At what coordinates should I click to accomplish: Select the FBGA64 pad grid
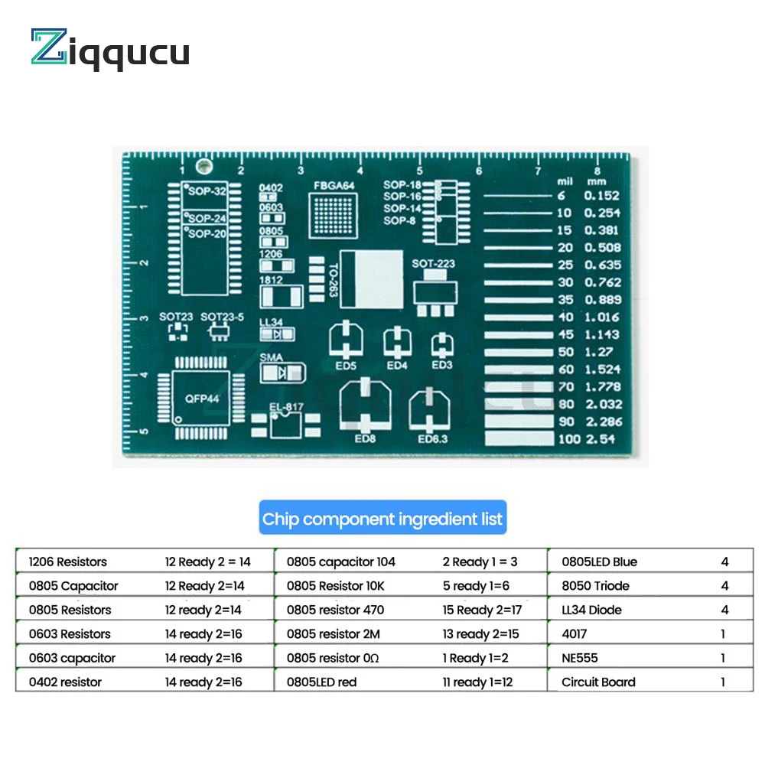(x=333, y=214)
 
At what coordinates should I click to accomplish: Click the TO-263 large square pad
(x=372, y=279)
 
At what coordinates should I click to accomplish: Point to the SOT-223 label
(x=433, y=264)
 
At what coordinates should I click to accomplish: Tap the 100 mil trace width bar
(x=519, y=439)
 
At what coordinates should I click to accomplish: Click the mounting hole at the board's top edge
(x=203, y=166)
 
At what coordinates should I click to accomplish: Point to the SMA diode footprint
(x=283, y=373)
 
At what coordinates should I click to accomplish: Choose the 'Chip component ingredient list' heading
(x=382, y=519)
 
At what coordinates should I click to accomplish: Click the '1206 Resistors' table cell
(x=67, y=562)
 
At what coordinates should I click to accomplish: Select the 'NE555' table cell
(x=580, y=658)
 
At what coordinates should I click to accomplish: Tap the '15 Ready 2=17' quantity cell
(x=482, y=610)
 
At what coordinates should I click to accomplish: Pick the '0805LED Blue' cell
(x=599, y=562)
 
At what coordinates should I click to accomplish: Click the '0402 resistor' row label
(x=65, y=682)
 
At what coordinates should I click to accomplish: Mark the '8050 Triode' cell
(x=595, y=586)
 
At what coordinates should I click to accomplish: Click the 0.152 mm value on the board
(x=603, y=196)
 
